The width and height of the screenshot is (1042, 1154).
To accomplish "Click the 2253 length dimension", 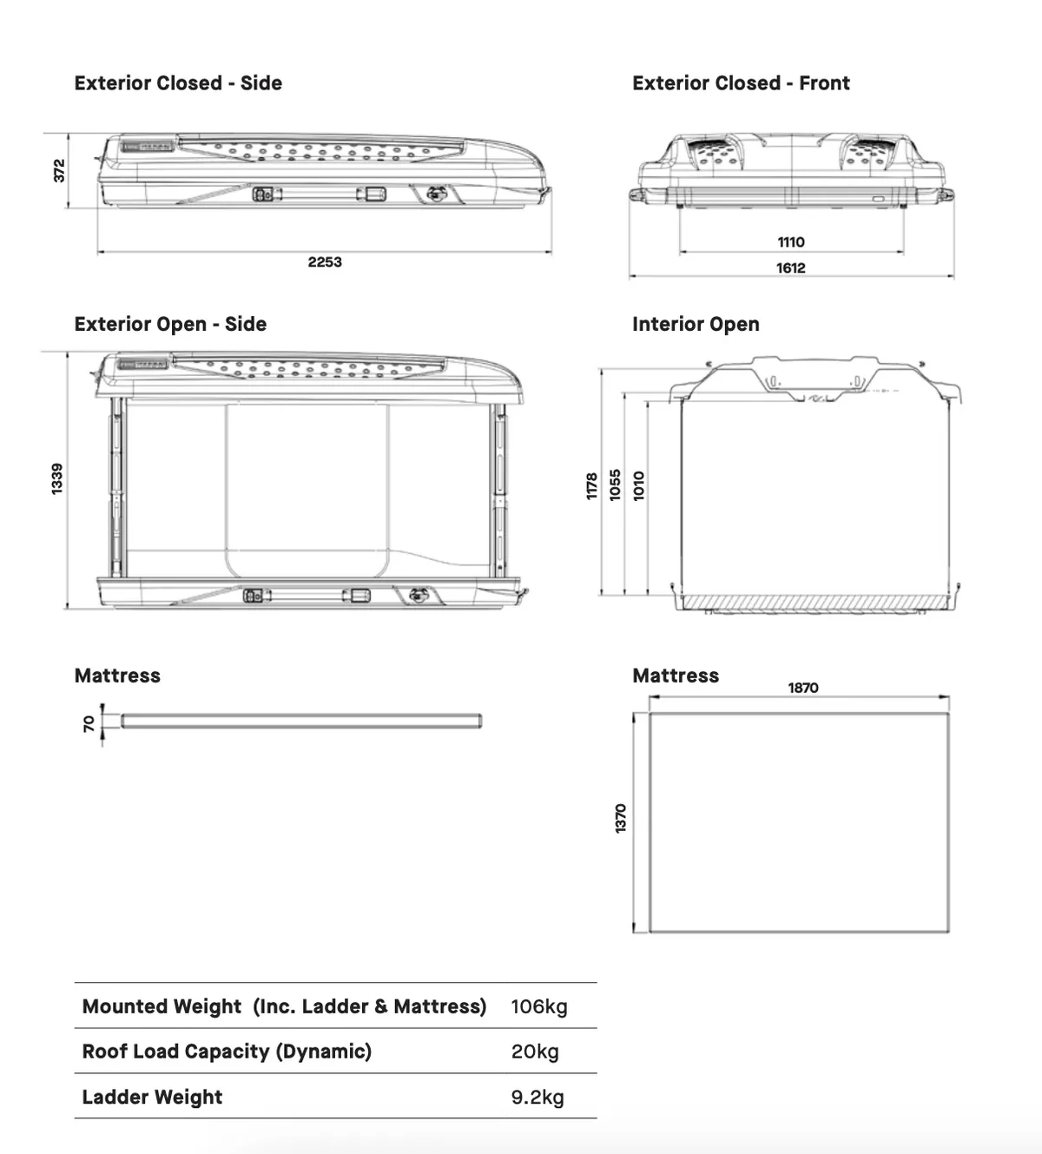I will click(x=325, y=262).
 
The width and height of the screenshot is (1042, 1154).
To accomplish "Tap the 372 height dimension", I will click(x=60, y=170).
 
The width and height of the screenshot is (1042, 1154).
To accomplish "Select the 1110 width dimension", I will click(x=791, y=242).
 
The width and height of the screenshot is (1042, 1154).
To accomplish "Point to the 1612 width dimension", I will click(x=791, y=268).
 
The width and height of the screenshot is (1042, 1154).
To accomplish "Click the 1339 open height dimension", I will click(x=58, y=479).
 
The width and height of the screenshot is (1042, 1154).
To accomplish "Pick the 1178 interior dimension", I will click(x=592, y=485).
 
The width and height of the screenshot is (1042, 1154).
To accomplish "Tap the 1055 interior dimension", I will click(x=616, y=485).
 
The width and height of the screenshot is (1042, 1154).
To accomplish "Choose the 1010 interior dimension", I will click(x=639, y=485).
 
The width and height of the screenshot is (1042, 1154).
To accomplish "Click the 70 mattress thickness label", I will click(x=89, y=723).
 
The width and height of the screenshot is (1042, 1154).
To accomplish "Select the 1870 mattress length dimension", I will click(x=803, y=688).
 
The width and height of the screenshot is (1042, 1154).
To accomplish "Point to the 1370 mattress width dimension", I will click(x=621, y=819).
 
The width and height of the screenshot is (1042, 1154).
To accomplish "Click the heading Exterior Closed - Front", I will click(x=741, y=83).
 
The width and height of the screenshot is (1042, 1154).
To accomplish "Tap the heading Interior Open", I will click(x=696, y=324).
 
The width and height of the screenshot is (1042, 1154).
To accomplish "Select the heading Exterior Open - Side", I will click(x=170, y=324).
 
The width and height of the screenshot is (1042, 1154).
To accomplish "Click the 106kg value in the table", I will click(x=539, y=1006).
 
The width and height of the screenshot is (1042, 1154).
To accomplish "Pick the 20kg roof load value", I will click(x=535, y=1052).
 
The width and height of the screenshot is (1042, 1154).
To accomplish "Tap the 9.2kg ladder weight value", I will click(x=537, y=1097).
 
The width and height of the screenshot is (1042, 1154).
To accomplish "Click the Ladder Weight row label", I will click(x=152, y=1097).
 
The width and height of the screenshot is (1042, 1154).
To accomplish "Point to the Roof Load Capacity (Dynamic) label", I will click(x=227, y=1052).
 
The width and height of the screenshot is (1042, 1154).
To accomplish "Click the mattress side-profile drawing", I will click(x=300, y=721).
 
